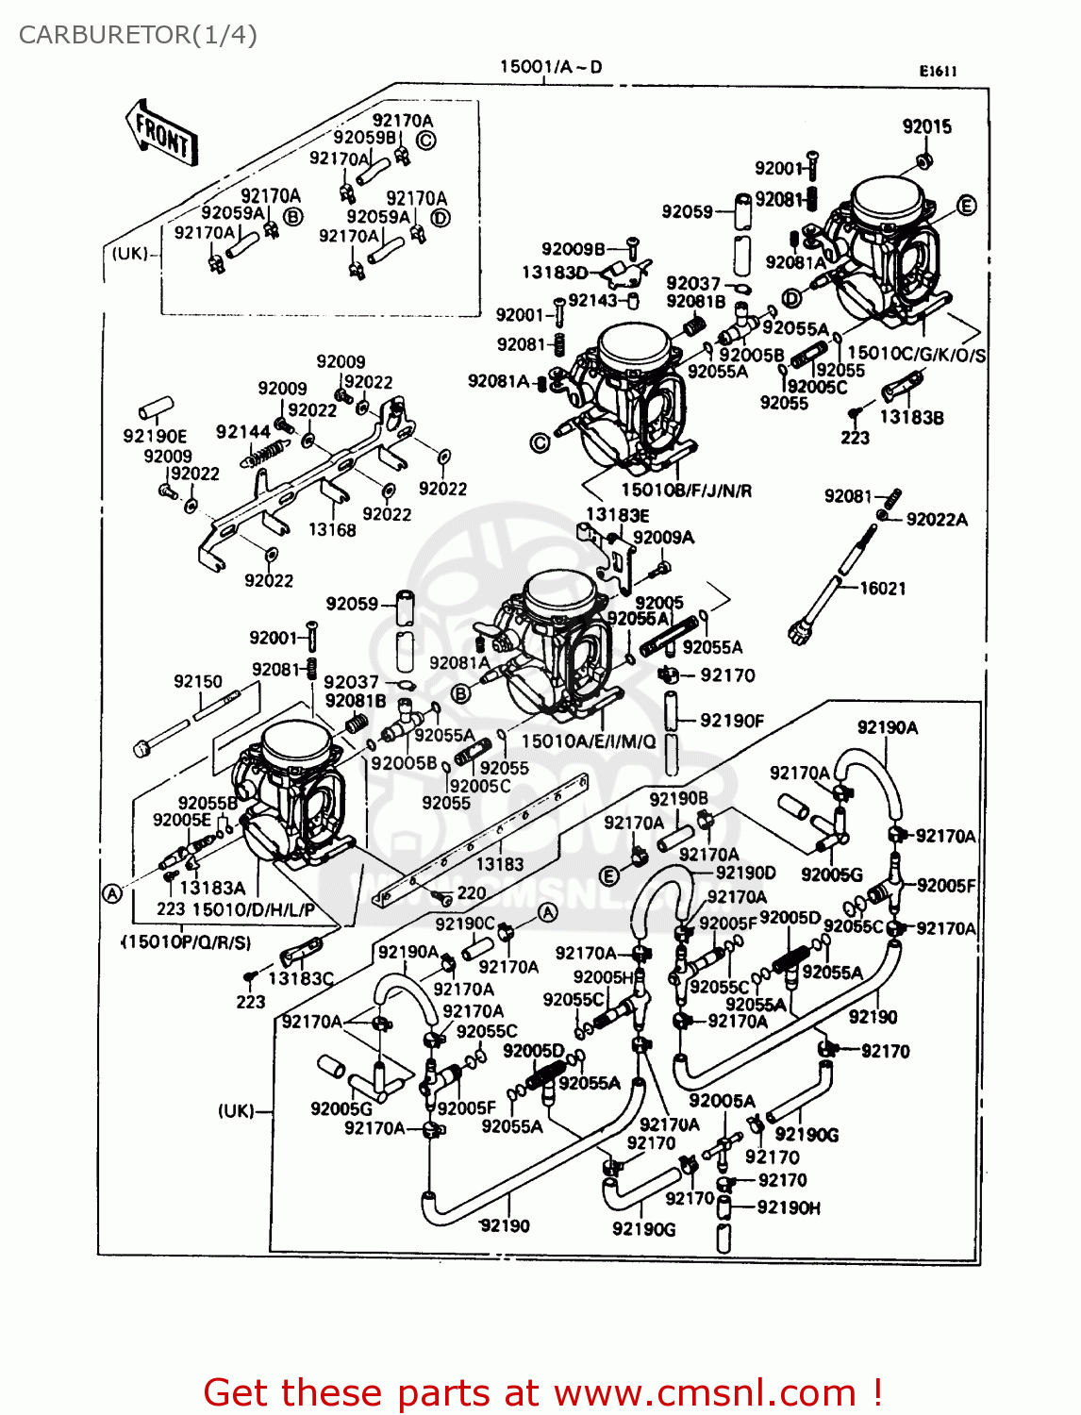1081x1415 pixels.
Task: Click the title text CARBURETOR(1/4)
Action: click(x=138, y=35)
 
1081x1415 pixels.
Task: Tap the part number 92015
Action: click(x=926, y=126)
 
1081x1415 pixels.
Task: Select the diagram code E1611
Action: click(x=939, y=71)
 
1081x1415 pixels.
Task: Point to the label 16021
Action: click(x=883, y=588)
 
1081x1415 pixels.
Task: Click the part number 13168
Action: click(x=332, y=530)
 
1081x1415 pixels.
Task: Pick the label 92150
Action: click(x=198, y=681)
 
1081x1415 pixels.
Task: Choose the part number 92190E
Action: click(x=155, y=436)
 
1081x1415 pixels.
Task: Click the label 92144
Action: click(x=242, y=432)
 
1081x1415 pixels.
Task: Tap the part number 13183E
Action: click(x=617, y=515)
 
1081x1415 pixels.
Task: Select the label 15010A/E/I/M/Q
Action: click(x=589, y=741)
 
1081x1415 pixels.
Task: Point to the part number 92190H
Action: click(x=789, y=1207)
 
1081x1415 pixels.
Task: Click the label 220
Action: click(x=472, y=892)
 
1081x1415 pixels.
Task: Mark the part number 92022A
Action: click(x=937, y=519)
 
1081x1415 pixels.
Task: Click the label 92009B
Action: click(x=573, y=249)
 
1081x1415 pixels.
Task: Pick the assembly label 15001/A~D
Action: click(x=550, y=67)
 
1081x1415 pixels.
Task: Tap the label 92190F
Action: click(x=732, y=721)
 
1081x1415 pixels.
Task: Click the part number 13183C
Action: click(x=301, y=978)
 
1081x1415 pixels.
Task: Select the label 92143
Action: click(x=592, y=300)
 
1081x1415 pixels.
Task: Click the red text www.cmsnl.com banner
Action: click(x=542, y=1392)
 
